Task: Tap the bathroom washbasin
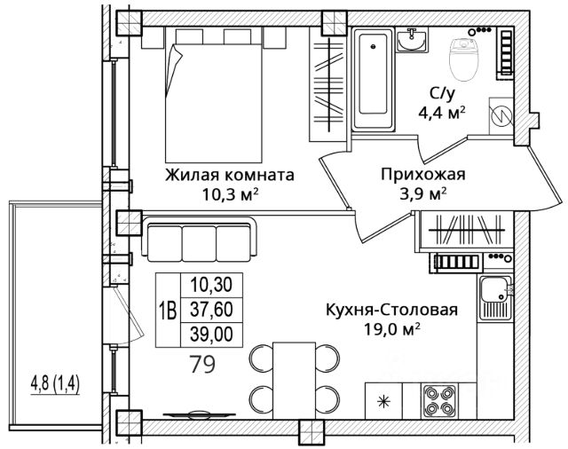click(x=411, y=40)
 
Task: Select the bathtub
click(x=373, y=79)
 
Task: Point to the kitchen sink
click(x=495, y=297)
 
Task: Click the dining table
click(x=294, y=380)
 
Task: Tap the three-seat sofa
click(x=199, y=240)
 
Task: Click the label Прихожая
click(x=422, y=175)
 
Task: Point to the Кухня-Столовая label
click(x=392, y=310)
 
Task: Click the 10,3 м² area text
click(x=230, y=195)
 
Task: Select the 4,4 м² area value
click(x=442, y=113)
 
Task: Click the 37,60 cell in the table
click(x=211, y=310)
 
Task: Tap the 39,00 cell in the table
click(x=211, y=335)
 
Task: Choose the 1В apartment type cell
click(x=168, y=311)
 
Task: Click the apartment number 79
click(x=203, y=364)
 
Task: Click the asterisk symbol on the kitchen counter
click(x=383, y=402)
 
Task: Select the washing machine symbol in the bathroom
click(x=501, y=116)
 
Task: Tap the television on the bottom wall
click(x=199, y=414)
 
